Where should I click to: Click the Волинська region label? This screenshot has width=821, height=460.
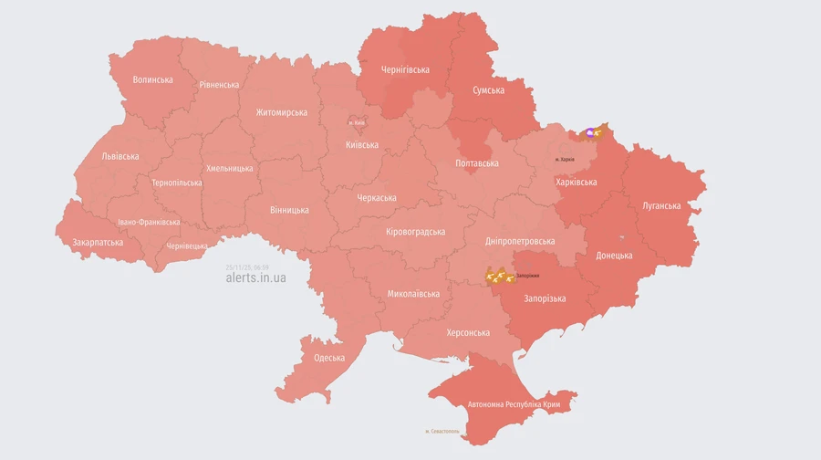[x=152, y=79]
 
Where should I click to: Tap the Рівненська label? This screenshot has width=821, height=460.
[x=219, y=85]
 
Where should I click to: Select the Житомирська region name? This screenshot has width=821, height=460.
[x=281, y=112]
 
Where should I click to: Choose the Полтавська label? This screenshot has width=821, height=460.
[x=477, y=163]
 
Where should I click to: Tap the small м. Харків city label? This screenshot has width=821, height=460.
[x=566, y=160]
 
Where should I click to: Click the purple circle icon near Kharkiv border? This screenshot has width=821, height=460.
[x=592, y=133]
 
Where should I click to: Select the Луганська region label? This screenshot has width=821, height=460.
[x=661, y=205]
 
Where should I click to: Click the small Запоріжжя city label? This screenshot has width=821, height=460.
[x=527, y=276]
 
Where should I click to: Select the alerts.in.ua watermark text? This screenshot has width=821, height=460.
[x=255, y=277]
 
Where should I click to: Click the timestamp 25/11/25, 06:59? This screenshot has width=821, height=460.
[x=247, y=267]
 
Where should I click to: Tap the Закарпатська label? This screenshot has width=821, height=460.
[x=98, y=243]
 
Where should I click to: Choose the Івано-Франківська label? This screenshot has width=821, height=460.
[x=149, y=222]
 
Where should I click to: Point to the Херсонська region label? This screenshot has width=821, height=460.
[x=468, y=332]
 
